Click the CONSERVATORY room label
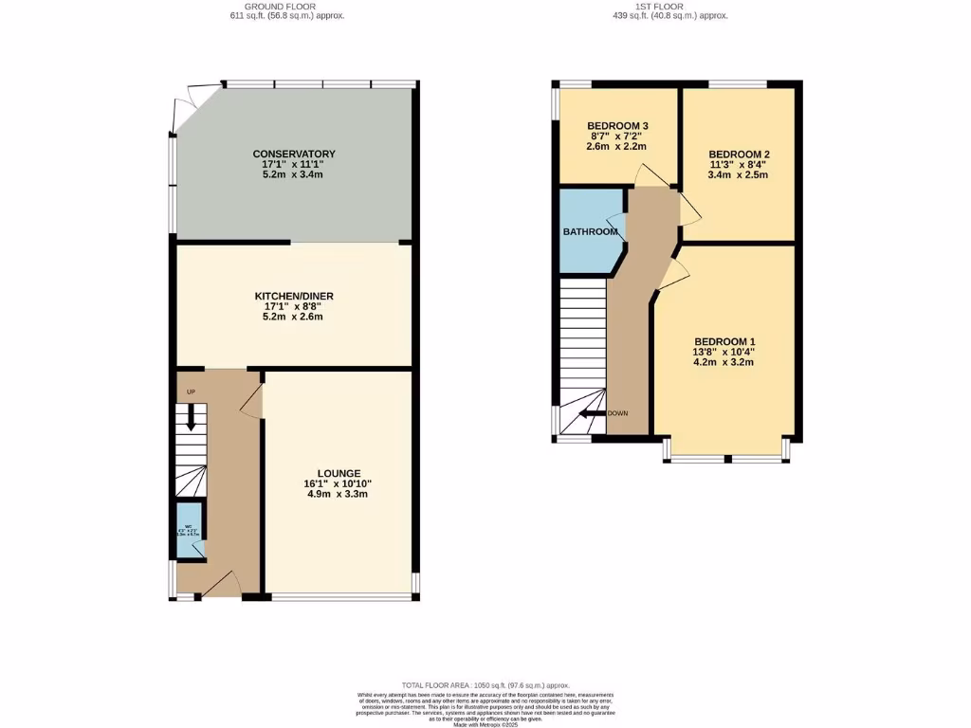[x=294, y=154]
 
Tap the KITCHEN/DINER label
[x=294, y=296]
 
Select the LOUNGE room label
[x=339, y=472]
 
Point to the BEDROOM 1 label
[x=724, y=341]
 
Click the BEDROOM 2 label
[x=739, y=155]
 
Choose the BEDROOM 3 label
[x=617, y=126]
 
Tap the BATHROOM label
[x=590, y=230]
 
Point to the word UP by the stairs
[x=191, y=391]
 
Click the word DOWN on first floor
[x=617, y=413]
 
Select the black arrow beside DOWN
[x=593, y=413]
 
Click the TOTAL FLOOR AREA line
[x=485, y=684]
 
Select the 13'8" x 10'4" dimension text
[x=724, y=352]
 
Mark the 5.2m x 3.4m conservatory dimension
[x=294, y=174]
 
